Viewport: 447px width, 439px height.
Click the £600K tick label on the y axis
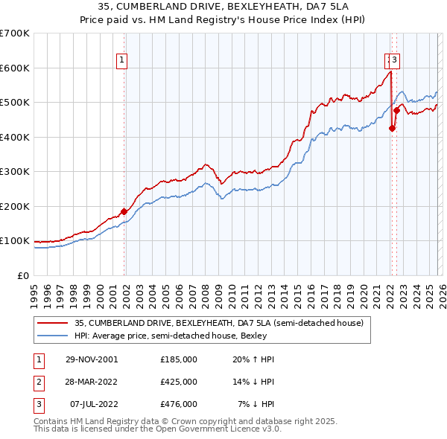coord(15,68)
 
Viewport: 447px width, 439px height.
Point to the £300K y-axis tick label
coord(15,172)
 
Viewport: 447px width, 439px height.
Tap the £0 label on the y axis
coord(24,276)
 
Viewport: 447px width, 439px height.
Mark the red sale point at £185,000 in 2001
coord(124,211)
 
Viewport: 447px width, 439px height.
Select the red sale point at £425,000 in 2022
coord(392,128)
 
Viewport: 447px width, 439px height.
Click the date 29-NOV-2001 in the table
coord(92,359)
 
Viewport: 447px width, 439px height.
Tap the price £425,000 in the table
coord(179,382)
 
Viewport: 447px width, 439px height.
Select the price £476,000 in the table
coord(179,404)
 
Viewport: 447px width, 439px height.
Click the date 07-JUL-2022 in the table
coord(92,404)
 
